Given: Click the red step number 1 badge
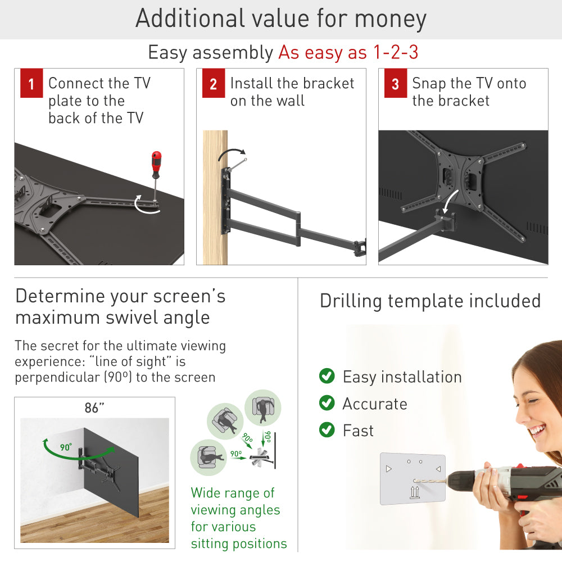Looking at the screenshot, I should (x=31, y=85).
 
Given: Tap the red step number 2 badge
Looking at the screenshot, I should (x=213, y=85).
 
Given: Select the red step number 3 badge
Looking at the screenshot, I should (x=395, y=85).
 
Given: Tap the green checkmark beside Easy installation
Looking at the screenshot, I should (x=327, y=376).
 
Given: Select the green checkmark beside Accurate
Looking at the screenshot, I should (x=327, y=403).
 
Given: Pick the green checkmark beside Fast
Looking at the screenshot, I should (x=327, y=430).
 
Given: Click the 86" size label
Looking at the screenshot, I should (x=94, y=408).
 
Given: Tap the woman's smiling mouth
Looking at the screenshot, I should (x=538, y=431).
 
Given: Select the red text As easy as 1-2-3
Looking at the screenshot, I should (x=348, y=53).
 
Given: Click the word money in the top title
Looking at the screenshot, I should (x=390, y=19).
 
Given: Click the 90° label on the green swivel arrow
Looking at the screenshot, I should (x=66, y=447).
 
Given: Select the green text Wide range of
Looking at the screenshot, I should (x=233, y=493).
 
